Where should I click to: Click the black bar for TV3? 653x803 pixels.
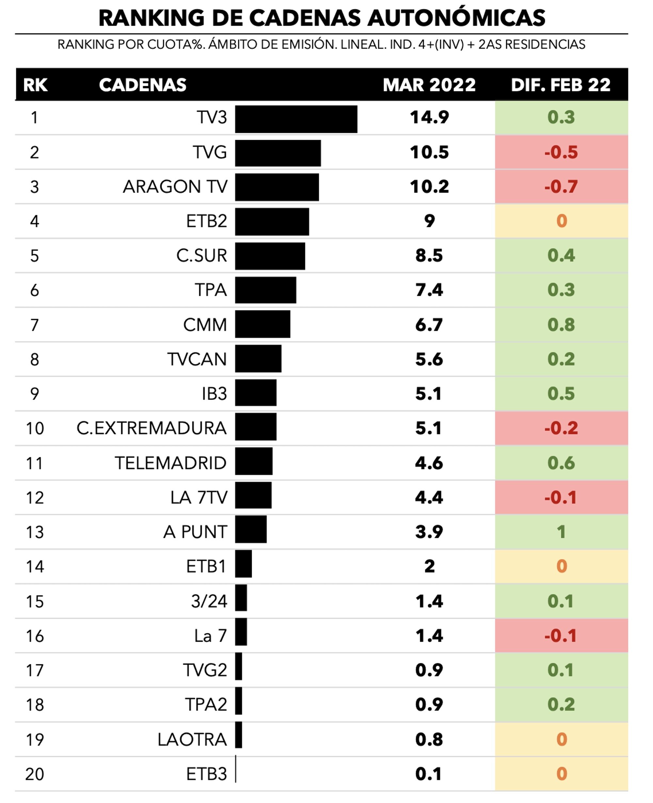click(296, 119)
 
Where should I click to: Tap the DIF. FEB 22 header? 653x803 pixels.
click(561, 85)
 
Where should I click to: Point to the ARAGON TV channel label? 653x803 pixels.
click(175, 187)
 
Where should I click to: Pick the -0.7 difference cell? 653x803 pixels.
click(561, 187)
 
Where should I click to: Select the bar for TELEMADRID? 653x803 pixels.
click(253, 461)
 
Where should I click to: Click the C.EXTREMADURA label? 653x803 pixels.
click(151, 428)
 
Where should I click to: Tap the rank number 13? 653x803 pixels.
click(35, 532)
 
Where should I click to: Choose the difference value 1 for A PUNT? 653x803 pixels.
click(561, 532)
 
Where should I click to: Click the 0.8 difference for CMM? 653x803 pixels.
click(561, 324)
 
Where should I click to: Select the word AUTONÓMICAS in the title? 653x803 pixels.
click(456, 18)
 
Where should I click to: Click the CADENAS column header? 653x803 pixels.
click(143, 85)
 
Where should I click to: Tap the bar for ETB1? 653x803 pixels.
click(243, 564)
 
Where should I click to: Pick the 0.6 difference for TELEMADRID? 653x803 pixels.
click(561, 463)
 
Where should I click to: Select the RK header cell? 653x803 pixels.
click(35, 85)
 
